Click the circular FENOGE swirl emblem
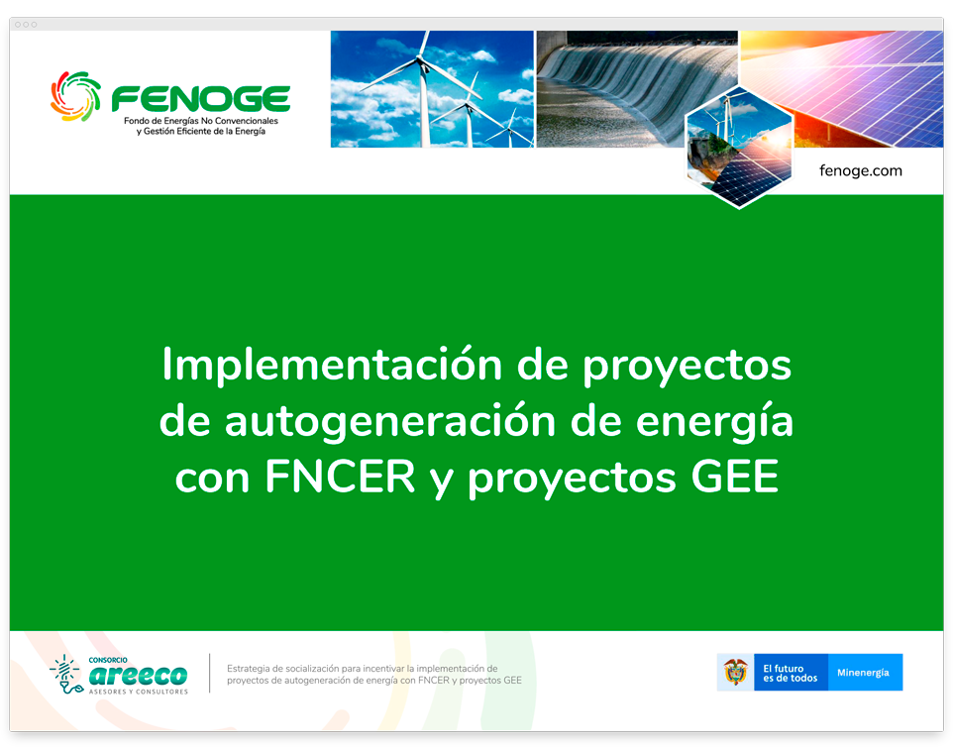pyautogui.click(x=76, y=96)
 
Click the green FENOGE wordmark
pyautogui.click(x=200, y=99)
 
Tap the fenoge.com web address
pyautogui.click(x=860, y=170)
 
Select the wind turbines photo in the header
pyautogui.click(x=431, y=89)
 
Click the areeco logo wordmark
pyautogui.click(x=138, y=675)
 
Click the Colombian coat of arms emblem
pyautogui.click(x=735, y=673)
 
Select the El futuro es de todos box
pyautogui.click(x=791, y=673)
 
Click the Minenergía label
pyautogui.click(x=863, y=673)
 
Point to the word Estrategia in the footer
pyautogui.click(x=253, y=668)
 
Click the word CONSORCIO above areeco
pyautogui.click(x=108, y=659)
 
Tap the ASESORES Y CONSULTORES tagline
pyautogui.click(x=138, y=691)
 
